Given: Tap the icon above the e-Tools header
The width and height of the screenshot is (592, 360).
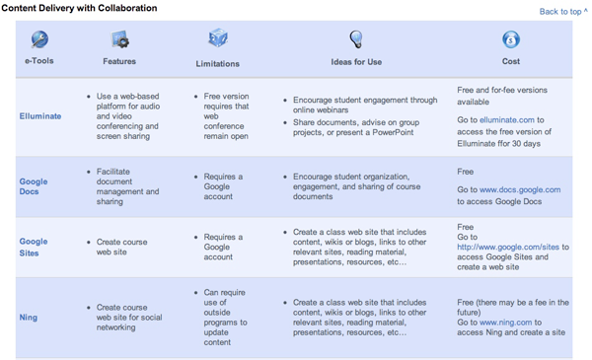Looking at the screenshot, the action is click(39, 39).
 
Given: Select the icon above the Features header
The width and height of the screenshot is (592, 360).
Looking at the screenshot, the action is click(120, 40).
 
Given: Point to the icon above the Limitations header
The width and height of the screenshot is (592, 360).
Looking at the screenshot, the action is click(218, 38).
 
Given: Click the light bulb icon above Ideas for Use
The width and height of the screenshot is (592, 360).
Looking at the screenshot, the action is click(356, 39).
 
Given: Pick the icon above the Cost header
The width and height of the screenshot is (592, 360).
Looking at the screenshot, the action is click(511, 40).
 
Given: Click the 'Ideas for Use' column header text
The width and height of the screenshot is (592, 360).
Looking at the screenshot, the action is click(356, 62).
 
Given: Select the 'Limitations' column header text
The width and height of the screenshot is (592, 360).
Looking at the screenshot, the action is click(218, 63).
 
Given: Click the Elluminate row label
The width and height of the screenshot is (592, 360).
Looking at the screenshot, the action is click(40, 115).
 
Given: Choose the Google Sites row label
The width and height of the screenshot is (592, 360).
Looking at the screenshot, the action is click(34, 248).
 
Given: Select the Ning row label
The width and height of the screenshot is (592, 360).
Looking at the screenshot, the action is click(29, 318).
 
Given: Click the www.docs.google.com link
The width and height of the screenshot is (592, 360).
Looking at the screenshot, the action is click(520, 189).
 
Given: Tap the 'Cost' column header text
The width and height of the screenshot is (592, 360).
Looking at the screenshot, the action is click(511, 61).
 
